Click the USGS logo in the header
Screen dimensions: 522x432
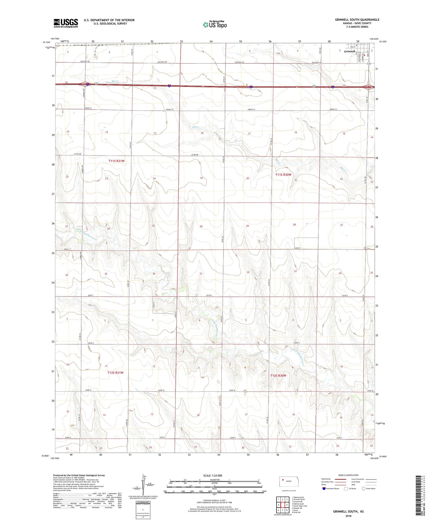click(66, 23)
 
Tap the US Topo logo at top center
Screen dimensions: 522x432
click(215, 25)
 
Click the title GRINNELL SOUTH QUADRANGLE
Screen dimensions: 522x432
click(357, 20)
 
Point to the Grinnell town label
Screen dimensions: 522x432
click(349, 51)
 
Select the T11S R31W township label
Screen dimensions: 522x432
click(116, 161)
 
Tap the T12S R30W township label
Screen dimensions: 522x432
click(278, 375)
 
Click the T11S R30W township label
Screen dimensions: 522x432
click(283, 174)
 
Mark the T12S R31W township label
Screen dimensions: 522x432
click(115, 373)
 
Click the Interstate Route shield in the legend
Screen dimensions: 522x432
click(324, 488)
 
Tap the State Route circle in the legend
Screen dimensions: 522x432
click(363, 488)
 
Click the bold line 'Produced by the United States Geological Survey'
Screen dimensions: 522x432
click(79, 475)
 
